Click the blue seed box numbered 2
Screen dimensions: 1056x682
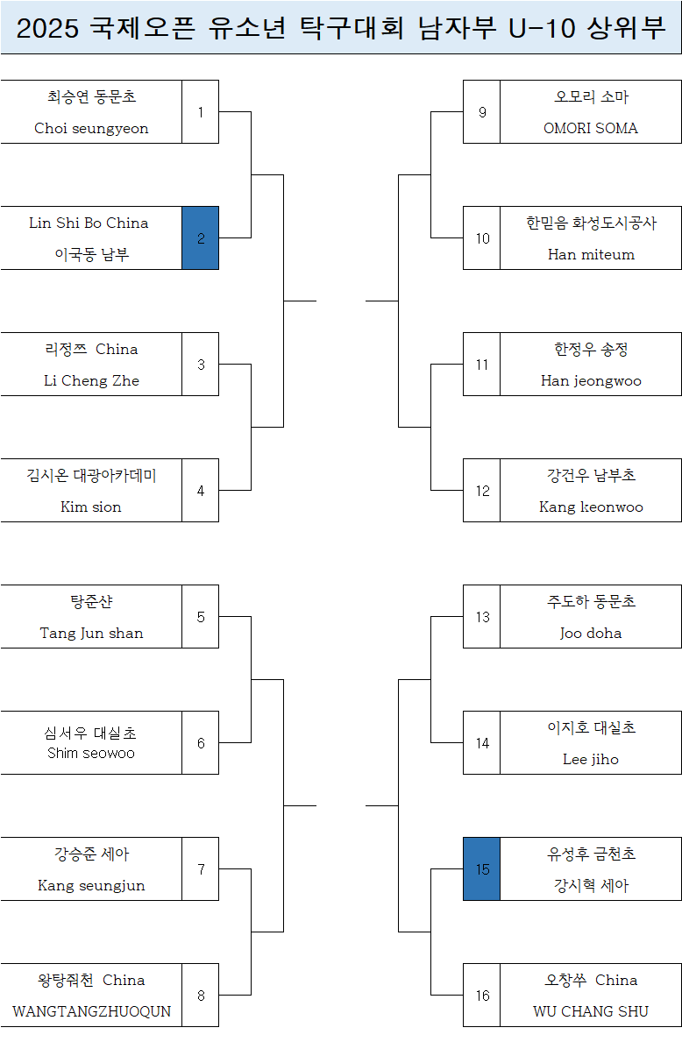tap(201, 238)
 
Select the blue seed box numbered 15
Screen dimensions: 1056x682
tap(482, 869)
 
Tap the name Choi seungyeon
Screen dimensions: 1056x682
tap(91, 128)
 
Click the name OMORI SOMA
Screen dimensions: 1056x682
tap(591, 128)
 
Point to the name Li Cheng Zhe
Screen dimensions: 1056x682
tap(91, 380)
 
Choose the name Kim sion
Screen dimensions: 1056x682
tap(91, 507)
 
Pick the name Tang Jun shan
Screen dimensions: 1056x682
tap(91, 633)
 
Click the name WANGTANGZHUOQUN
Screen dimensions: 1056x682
tap(91, 1011)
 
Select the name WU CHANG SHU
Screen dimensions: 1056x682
tap(591, 1011)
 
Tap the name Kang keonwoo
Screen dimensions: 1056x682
tap(591, 507)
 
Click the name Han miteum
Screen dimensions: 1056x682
tap(591, 254)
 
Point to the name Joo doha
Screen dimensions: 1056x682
tap(591, 633)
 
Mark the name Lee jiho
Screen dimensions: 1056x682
tap(591, 759)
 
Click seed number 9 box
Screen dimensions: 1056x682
tap(482, 112)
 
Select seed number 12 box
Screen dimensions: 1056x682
tap(482, 491)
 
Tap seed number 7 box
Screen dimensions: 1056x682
tap(201, 869)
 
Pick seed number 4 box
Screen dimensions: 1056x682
tap(201, 491)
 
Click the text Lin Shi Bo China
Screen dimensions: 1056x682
tap(89, 223)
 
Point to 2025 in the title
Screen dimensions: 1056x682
tap(48, 29)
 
